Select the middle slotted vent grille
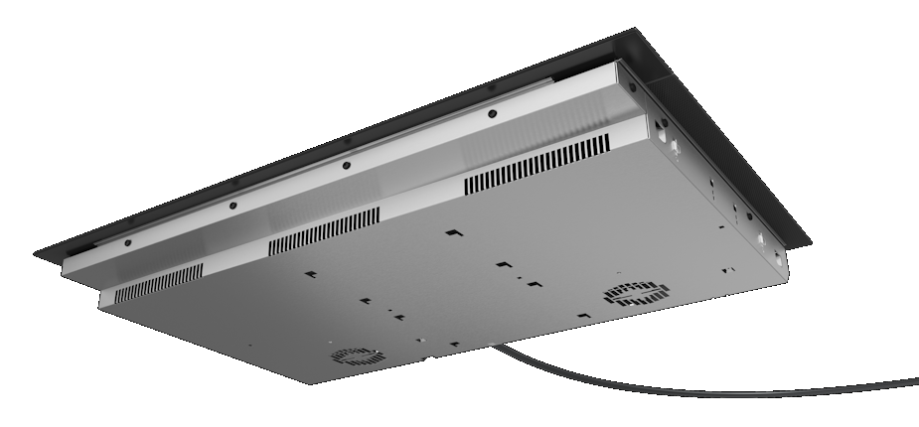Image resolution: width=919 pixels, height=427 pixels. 323,230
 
